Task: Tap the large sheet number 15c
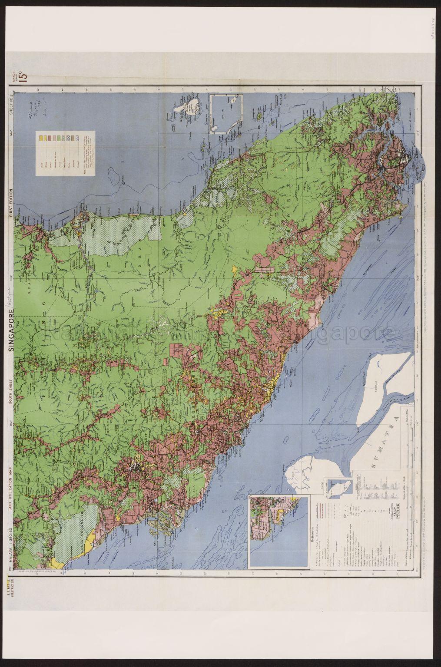click(x=23, y=76)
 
